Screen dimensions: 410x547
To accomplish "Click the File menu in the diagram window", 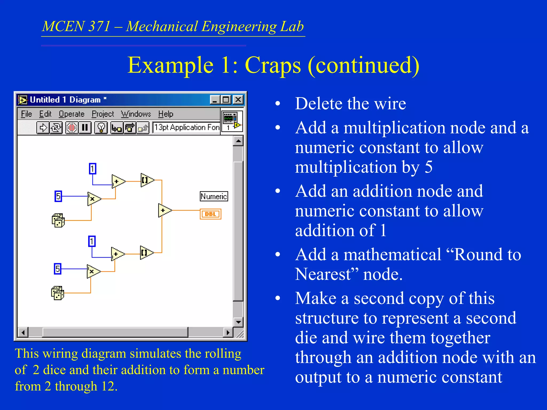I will pos(26,114).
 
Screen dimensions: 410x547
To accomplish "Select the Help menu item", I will pos(166,114).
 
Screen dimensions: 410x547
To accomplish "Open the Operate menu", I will pos(72,114).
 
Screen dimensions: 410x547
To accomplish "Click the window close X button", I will pos(238,100).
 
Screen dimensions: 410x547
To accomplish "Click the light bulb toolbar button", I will pos(101,128).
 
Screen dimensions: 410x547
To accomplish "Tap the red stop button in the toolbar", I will pos(72,128).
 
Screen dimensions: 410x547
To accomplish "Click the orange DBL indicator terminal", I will pos(210,214).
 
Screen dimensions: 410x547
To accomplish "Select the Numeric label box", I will pos(214,196).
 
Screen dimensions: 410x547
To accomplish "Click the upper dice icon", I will pos(58,220).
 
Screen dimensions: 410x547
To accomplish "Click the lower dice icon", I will pos(57,293).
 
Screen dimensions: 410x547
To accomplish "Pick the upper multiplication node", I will pos(93,199).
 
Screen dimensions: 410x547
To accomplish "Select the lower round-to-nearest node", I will pos(146,253).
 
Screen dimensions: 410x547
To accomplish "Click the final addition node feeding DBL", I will pos(164,210).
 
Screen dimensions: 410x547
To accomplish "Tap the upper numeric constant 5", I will pos(58,196).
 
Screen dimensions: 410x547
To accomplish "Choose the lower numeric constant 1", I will pos(92,241).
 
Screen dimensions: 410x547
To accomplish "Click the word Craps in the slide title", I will pos(273,65).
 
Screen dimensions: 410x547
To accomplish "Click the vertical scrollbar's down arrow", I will pos(238,322).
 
